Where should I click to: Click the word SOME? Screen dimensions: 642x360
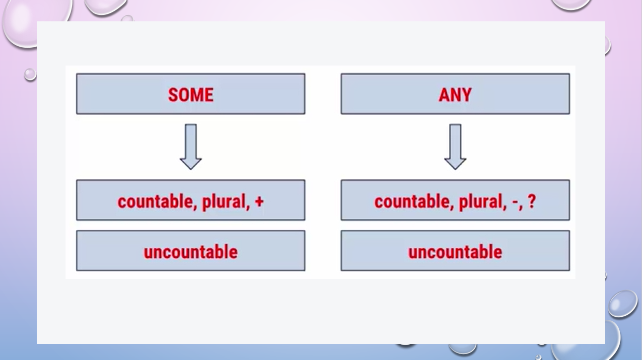(x=191, y=95)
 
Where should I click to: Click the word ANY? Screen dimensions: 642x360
(x=455, y=95)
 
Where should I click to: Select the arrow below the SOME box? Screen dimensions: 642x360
(x=191, y=147)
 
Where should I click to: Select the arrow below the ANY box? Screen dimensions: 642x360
(x=455, y=147)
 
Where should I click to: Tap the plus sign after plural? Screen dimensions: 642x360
(x=259, y=202)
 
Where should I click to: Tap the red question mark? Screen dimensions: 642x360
(x=531, y=201)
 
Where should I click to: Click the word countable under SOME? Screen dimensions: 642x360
(x=155, y=202)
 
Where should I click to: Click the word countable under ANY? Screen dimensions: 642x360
(x=412, y=202)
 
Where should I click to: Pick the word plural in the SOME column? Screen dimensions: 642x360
(x=224, y=202)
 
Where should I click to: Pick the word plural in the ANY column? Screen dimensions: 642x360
(x=481, y=202)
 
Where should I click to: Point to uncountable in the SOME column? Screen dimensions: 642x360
(x=191, y=252)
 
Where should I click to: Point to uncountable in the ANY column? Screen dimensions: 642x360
(x=455, y=252)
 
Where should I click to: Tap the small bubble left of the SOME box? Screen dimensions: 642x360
(x=30, y=74)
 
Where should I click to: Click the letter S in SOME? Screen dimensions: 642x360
(x=173, y=95)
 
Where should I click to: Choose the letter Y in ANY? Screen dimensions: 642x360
(x=466, y=95)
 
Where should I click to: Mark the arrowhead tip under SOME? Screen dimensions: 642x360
(x=191, y=170)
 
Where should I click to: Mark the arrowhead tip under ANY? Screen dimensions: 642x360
(x=455, y=170)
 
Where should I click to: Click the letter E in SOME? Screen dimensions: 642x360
(x=209, y=95)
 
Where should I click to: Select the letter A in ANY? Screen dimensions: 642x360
(x=444, y=95)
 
